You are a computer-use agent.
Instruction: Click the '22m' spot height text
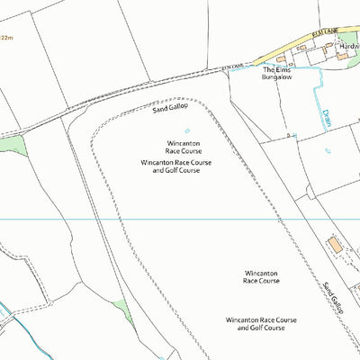(6, 38)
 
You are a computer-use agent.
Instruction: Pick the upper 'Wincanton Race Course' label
(183, 148)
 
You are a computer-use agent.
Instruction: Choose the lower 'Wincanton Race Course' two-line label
(262, 276)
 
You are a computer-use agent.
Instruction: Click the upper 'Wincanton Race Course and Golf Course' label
(169, 166)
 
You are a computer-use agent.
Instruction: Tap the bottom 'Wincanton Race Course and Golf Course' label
(261, 324)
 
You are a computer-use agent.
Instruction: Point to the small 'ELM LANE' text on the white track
(232, 67)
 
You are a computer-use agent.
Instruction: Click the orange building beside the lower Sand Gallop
(335, 244)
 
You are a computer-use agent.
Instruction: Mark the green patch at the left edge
(11, 144)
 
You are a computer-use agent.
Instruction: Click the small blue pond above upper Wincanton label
(187, 129)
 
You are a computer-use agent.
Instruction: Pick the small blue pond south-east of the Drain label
(328, 150)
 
